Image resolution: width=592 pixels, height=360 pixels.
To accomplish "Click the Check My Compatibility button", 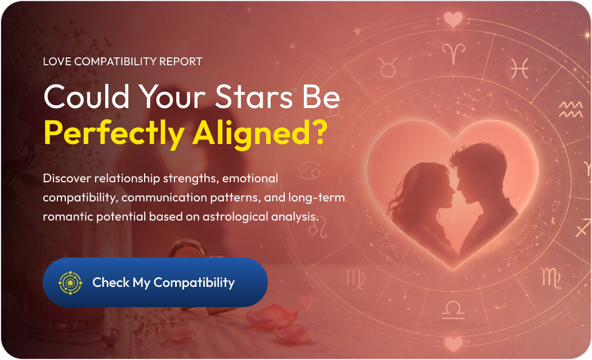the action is [155, 282].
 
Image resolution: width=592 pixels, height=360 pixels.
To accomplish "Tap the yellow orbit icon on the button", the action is [70, 282].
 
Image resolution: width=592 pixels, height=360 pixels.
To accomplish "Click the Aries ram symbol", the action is [454, 53].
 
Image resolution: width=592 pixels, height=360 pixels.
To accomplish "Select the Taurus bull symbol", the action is [388, 67].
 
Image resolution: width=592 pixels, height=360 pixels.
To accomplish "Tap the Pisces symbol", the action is [519, 68].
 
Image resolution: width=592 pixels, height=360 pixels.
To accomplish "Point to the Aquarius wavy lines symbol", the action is [571, 110].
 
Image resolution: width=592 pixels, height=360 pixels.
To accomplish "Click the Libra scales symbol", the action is [453, 310].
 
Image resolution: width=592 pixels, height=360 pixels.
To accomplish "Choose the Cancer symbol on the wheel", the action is [309, 171].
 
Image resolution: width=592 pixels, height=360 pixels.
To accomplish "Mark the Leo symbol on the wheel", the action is [318, 228].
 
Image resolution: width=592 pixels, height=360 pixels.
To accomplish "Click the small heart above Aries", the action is [453, 19].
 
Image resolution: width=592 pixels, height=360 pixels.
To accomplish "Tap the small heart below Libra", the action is [453, 344].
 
